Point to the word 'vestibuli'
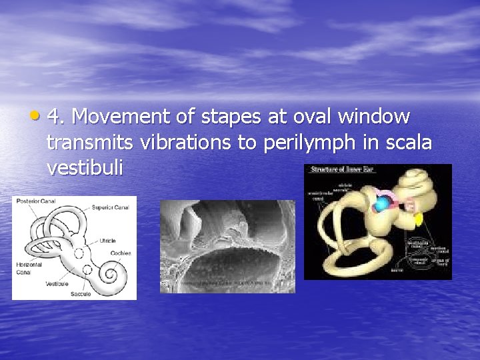[85, 168]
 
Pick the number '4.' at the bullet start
[57, 117]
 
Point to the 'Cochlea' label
[121, 253]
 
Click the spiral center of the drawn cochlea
[110, 274]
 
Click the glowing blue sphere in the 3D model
[381, 206]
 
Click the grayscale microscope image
[227, 247]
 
